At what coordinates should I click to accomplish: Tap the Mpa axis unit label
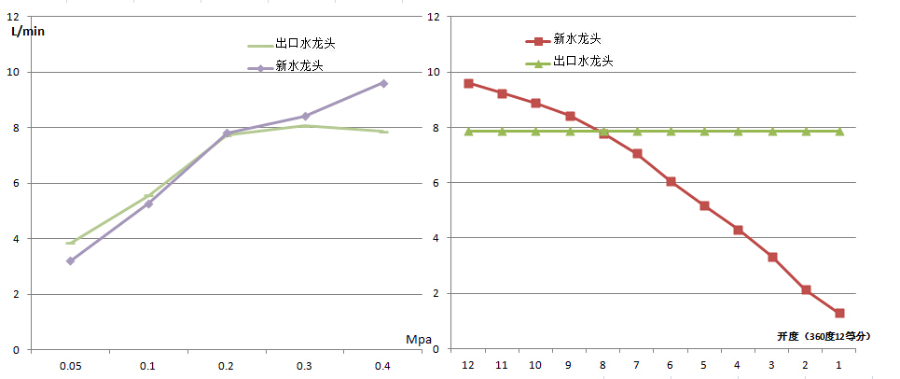[420, 339]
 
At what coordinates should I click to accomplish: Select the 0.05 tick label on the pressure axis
[70, 366]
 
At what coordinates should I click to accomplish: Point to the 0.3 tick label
[304, 366]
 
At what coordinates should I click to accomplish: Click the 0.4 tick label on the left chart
[382, 366]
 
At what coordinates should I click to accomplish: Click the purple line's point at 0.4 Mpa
[383, 83]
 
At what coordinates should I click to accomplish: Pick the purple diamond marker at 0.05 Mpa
[70, 260]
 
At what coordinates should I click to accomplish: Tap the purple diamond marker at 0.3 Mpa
[305, 117]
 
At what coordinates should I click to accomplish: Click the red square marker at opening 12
[468, 83]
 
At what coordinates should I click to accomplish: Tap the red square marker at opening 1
[839, 314]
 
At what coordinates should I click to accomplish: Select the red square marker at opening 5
[704, 205]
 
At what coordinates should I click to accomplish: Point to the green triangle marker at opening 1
[839, 132]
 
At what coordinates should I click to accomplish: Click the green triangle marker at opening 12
[468, 132]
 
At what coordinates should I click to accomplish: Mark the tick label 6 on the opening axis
[670, 366]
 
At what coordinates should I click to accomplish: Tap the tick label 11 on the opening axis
[501, 366]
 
